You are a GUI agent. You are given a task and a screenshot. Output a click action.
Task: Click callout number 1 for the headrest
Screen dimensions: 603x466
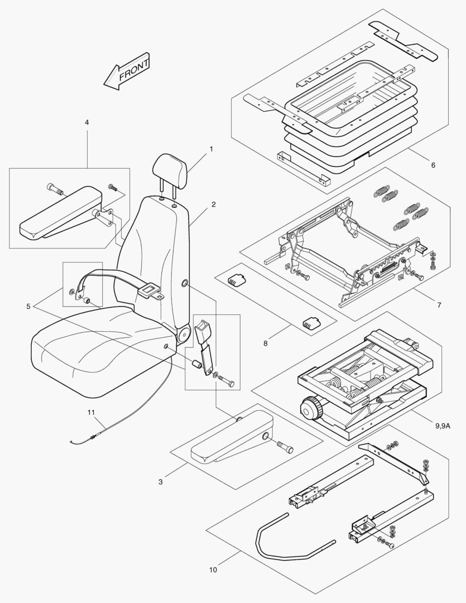212,149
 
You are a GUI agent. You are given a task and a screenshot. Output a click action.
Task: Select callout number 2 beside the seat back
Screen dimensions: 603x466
213,204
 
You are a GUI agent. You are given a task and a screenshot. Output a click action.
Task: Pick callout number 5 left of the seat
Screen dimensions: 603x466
433,165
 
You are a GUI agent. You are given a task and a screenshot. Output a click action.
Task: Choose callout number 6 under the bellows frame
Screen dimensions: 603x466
439,305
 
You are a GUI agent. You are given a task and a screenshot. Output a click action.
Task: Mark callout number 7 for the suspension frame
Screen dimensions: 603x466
265,343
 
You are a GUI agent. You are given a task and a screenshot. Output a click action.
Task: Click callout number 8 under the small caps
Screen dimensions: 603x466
443,427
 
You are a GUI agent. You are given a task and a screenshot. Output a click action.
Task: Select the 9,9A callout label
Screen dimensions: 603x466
213,570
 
